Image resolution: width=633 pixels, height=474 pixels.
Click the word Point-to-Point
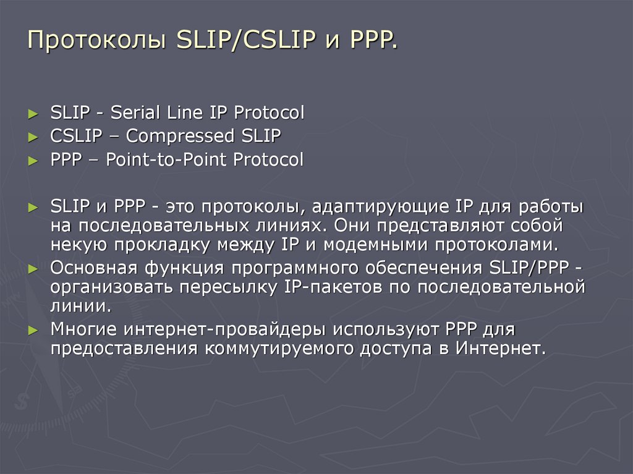(167, 160)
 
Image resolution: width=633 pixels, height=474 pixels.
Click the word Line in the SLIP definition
(188, 113)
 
